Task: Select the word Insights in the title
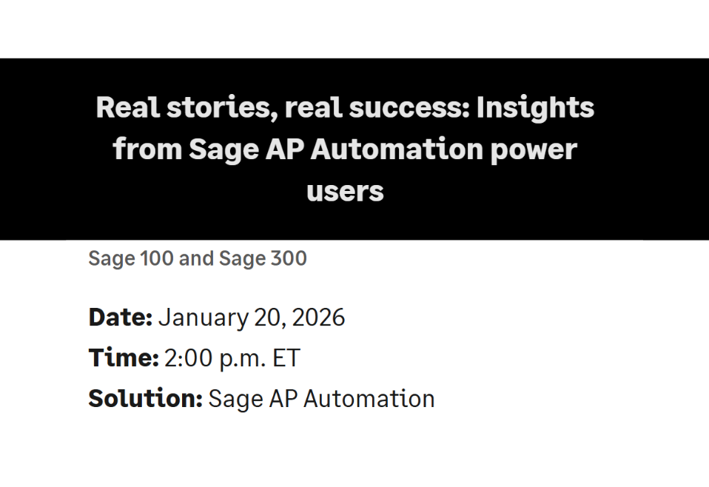(535, 108)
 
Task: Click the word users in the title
(345, 192)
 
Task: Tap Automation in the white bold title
(396, 150)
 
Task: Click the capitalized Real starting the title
(123, 108)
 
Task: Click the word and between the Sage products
(197, 259)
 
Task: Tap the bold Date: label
(120, 318)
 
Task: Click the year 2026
(318, 318)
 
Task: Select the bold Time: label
(124, 358)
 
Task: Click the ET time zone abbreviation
(286, 358)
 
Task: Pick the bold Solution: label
(145, 399)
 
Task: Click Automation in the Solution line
(369, 399)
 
